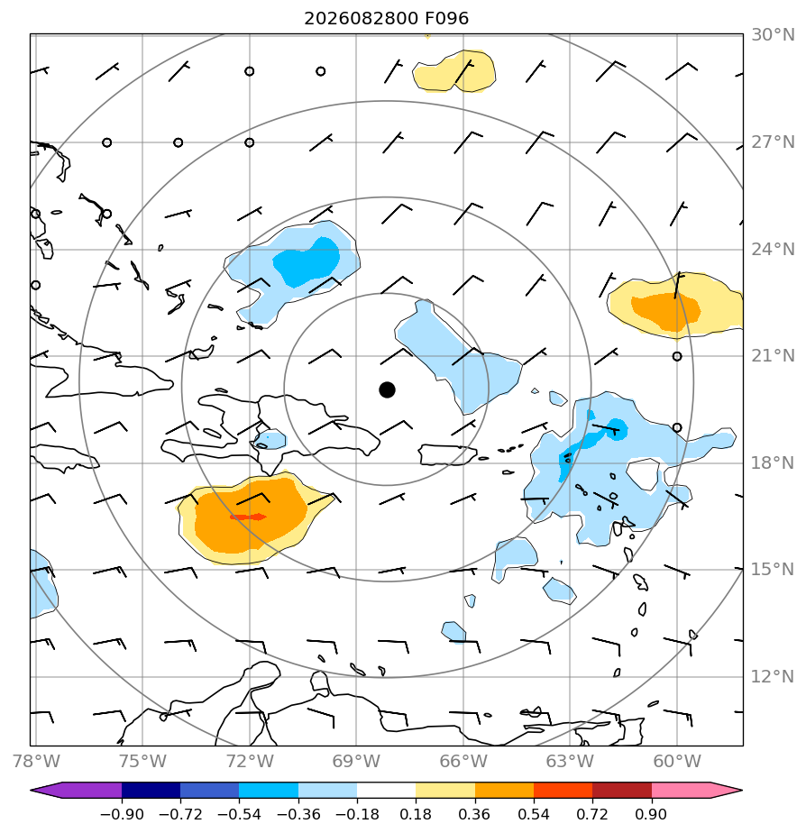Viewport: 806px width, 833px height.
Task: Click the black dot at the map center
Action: coord(387,390)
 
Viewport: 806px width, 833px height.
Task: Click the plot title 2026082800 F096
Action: coord(386,19)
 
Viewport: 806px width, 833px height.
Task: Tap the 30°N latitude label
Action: coord(773,35)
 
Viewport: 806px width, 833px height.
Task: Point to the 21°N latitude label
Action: coord(773,355)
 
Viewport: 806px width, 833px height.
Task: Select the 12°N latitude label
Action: coord(773,677)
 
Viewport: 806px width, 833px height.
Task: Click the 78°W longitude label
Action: coord(36,761)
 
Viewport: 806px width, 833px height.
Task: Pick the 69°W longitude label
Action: coord(356,761)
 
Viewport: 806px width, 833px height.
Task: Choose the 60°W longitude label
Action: coord(677,761)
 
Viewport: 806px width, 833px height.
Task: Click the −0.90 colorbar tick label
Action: coord(122,814)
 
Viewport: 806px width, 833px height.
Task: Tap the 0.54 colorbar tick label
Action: coord(534,814)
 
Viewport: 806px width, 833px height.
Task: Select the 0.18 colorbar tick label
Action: coord(416,814)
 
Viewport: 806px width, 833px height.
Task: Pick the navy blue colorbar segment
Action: coord(151,790)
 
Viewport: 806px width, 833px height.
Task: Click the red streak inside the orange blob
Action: coord(248,517)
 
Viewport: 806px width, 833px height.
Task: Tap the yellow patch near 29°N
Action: coord(453,71)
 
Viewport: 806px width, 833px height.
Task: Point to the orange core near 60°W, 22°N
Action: coord(665,311)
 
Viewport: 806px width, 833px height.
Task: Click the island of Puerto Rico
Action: coord(447,454)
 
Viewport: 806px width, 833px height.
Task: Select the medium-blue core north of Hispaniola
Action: coord(307,262)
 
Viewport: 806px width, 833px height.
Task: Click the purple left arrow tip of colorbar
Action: coord(33,790)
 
